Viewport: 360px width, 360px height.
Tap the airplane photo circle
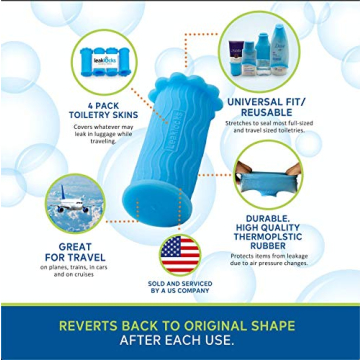[x=75, y=204]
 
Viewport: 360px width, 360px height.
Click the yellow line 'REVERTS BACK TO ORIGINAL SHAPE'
[x=179, y=325]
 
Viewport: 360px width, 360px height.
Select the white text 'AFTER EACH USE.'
[x=179, y=342]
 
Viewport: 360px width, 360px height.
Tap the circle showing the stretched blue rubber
[x=268, y=175]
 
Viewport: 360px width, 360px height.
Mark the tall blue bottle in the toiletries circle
[x=262, y=52]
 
